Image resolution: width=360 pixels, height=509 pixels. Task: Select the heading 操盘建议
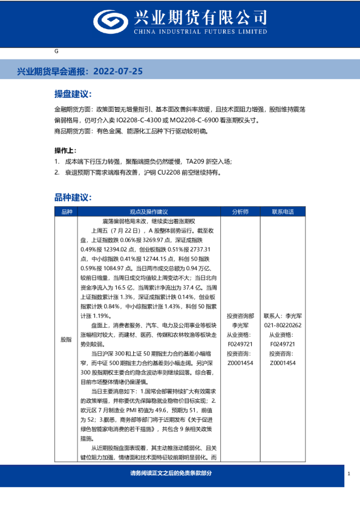pyautogui.click(x=73, y=95)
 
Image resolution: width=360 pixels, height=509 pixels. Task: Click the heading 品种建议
pyautogui.click(x=73, y=197)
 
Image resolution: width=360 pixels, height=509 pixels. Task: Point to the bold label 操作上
pyautogui.click(x=66, y=151)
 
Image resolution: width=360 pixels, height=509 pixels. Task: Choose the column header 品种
pyautogui.click(x=67, y=212)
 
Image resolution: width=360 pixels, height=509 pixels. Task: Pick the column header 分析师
pyautogui.click(x=240, y=212)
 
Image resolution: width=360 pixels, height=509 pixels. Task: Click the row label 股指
pyautogui.click(x=67, y=340)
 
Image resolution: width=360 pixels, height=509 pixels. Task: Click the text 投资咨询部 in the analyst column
pyautogui.click(x=240, y=316)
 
